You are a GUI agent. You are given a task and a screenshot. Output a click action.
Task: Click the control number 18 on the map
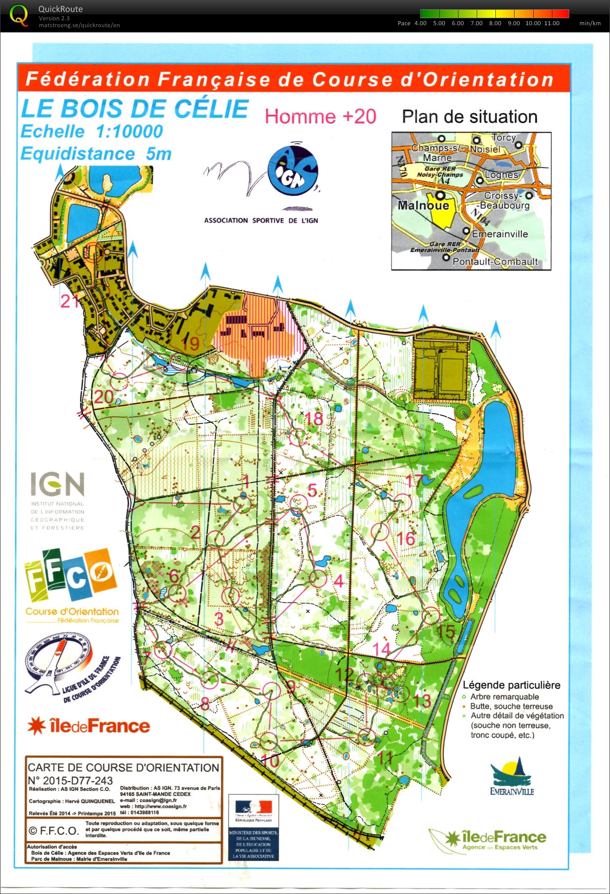pyautogui.click(x=314, y=419)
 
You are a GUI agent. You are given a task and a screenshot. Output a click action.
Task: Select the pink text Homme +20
pyautogui.click(x=320, y=117)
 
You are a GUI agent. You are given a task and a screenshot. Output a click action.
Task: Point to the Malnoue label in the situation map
pyautogui.click(x=423, y=205)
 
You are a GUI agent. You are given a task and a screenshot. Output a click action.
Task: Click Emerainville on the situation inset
pyautogui.click(x=499, y=234)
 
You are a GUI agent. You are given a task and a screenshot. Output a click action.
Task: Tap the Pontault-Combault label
pyautogui.click(x=494, y=262)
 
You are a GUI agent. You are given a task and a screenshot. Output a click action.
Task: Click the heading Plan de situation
pyautogui.click(x=469, y=117)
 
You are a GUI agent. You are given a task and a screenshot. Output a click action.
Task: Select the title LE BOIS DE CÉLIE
pyautogui.click(x=134, y=109)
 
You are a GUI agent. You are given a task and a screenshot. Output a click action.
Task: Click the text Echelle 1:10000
pyautogui.click(x=91, y=131)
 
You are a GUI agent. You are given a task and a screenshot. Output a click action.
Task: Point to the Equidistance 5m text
pyautogui.click(x=96, y=154)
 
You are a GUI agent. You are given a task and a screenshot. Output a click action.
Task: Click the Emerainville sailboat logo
pyautogui.click(x=511, y=776)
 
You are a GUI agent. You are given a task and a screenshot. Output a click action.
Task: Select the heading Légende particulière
pyautogui.click(x=511, y=685)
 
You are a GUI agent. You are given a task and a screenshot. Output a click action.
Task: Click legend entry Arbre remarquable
pyautogui.click(x=504, y=697)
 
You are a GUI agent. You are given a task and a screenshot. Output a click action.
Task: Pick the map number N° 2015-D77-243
pyautogui.click(x=70, y=781)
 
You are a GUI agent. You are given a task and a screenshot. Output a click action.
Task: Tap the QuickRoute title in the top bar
pyautogui.click(x=61, y=9)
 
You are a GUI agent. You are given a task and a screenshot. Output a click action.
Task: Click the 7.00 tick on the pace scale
pyautogui.click(x=476, y=23)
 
